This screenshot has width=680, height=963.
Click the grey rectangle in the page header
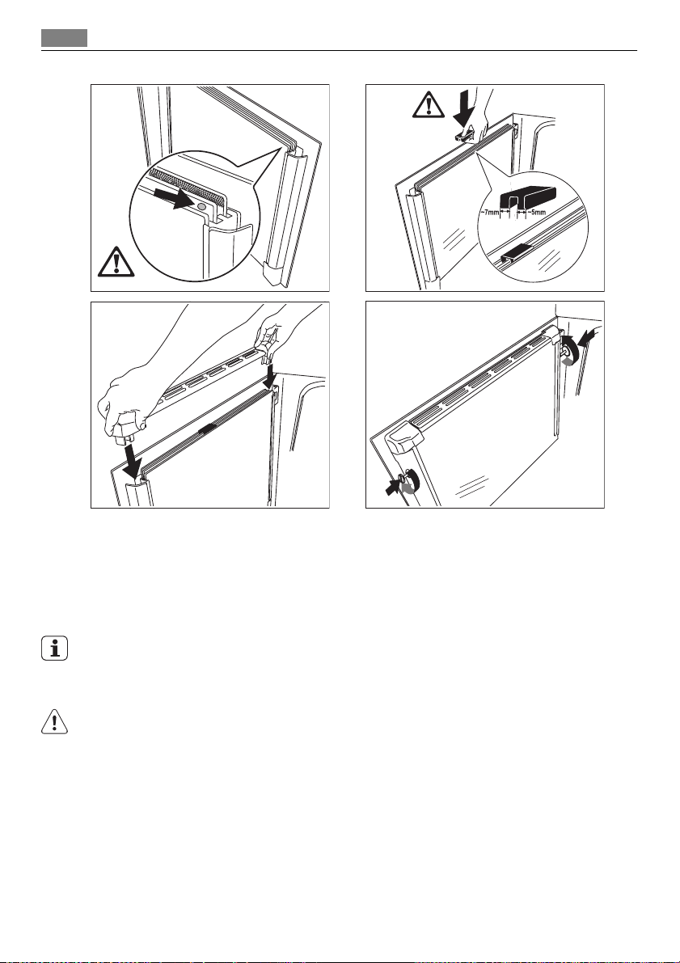(65, 38)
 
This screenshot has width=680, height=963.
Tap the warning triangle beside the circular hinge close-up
(116, 261)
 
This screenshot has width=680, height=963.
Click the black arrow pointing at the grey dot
(175, 198)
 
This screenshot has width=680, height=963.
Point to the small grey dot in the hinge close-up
(201, 207)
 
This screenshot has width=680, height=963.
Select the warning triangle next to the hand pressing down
(429, 104)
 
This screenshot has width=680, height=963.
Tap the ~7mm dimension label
(489, 213)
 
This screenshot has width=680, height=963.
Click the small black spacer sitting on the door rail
(516, 253)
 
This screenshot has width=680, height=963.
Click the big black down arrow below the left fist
(132, 461)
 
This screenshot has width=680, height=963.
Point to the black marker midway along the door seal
(207, 429)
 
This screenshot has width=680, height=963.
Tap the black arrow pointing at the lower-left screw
(392, 487)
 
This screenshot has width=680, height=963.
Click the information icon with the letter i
(55, 648)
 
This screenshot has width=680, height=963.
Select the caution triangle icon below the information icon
(54, 721)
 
